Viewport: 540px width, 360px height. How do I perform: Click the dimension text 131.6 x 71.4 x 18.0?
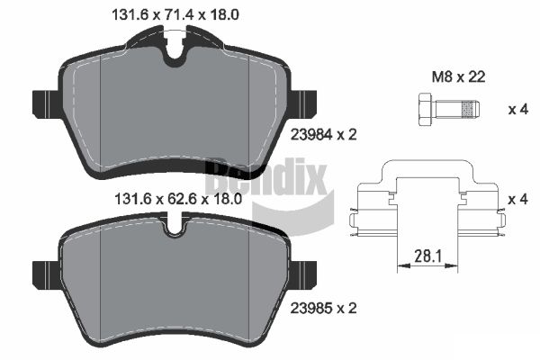175,14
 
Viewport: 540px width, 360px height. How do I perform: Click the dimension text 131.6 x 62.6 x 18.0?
178,199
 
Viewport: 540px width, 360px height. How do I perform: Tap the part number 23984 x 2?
324,134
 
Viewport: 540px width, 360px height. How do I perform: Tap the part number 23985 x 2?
324,308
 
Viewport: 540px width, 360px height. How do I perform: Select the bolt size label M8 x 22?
458,76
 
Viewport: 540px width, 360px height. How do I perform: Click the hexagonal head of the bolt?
425,109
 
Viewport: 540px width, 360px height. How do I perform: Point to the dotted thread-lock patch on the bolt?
468,109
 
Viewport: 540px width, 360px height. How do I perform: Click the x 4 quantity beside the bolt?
518,110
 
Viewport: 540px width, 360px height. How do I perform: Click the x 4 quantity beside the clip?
518,199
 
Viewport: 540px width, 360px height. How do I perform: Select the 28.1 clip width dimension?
427,256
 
